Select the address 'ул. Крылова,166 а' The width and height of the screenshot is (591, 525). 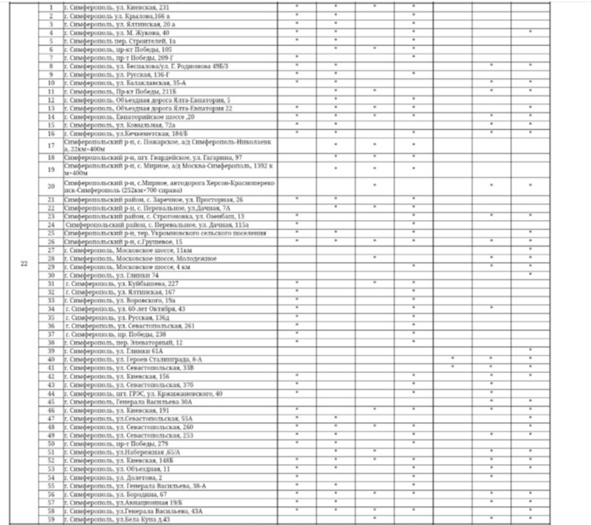tap(112, 16)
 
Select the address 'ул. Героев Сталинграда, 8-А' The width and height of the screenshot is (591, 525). tap(131, 359)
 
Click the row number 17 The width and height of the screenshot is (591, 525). tap(51, 145)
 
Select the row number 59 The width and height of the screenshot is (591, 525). tap(51, 519)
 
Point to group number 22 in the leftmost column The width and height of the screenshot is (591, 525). tap(24, 263)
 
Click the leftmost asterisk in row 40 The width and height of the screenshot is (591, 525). tap(452, 359)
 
